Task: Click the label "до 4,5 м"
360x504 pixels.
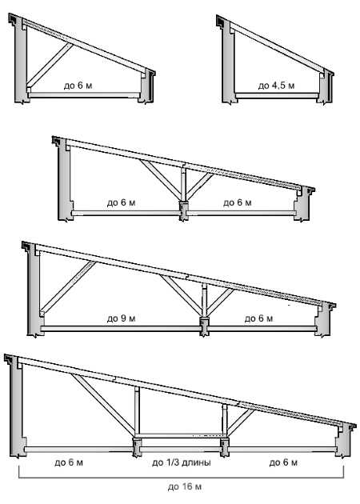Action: [276, 86]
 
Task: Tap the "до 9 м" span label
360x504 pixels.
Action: [121, 318]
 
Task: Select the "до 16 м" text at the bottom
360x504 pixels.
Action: [185, 486]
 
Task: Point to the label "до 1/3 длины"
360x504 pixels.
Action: [182, 462]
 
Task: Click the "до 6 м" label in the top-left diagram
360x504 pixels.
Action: [78, 86]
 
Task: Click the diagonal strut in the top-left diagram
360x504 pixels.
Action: [50, 65]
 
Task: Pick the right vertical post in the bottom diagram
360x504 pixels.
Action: [225, 420]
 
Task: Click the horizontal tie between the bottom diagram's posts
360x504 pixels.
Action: [181, 435]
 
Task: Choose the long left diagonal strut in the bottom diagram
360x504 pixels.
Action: [103, 405]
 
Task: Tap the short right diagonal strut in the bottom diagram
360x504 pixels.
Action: [241, 422]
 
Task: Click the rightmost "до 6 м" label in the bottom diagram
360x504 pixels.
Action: [283, 462]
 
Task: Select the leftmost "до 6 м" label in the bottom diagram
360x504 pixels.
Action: [69, 462]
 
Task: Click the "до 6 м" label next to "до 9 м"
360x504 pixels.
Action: [258, 318]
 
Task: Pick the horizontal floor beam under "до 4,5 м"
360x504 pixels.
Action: [277, 95]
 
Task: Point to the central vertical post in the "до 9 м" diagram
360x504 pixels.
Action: [205, 300]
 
